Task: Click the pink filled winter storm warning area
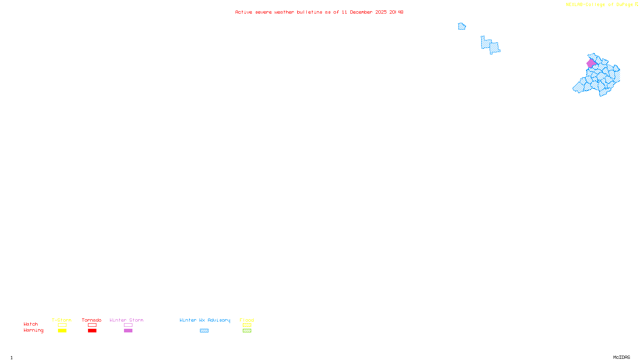point(591,63)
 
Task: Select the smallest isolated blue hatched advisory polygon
point(462,26)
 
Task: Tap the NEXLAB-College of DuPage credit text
point(600,4)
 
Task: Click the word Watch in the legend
point(31,324)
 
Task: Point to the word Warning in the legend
point(33,330)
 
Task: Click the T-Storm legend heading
point(62,320)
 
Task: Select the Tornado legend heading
point(92,320)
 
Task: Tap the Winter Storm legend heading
point(126,320)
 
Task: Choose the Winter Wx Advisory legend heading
point(205,320)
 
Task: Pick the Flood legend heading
point(247,320)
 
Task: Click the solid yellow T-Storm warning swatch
point(62,331)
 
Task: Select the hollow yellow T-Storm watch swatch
point(62,325)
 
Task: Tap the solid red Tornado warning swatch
point(92,331)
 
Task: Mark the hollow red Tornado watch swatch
point(92,325)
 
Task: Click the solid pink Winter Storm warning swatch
point(128,331)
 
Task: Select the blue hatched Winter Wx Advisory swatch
point(204,331)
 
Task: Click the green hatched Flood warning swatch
point(247,331)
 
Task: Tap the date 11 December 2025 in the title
point(364,12)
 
